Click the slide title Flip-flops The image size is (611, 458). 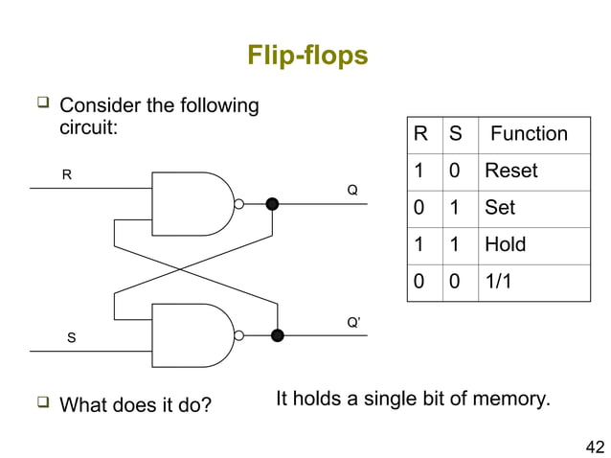(306, 55)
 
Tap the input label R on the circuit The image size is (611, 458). (67, 174)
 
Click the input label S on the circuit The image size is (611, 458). (70, 338)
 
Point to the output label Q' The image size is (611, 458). (353, 323)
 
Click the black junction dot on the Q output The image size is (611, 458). (272, 203)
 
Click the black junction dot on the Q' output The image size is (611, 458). (278, 335)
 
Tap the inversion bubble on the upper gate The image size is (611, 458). (239, 203)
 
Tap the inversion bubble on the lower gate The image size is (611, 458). (239, 335)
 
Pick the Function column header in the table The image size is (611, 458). (529, 134)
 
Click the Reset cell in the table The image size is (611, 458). (510, 171)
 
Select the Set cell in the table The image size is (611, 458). (500, 208)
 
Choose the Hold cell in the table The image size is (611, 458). (505, 244)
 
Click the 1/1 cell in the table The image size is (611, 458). (499, 282)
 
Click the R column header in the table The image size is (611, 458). (420, 134)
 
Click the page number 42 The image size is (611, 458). (594, 445)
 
